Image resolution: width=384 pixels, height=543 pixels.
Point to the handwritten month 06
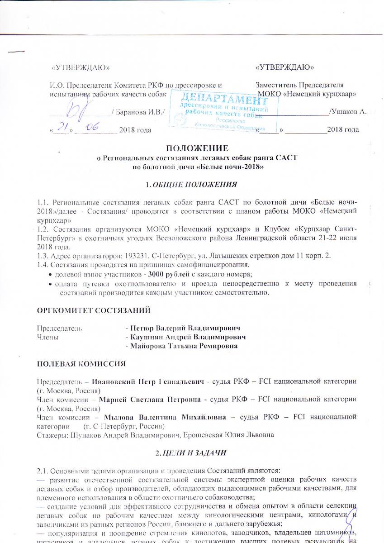click(x=94, y=129)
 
